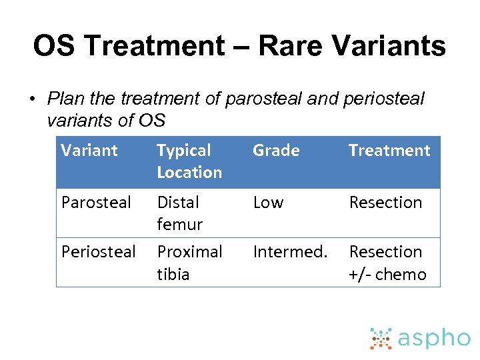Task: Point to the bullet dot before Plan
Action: pos(31,100)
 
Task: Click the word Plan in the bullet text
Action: pos(66,99)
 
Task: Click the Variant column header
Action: pos(89,151)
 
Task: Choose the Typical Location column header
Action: pos(189,161)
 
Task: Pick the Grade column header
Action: pos(276,151)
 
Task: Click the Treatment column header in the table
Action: pos(389,151)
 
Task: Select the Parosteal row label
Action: pos(96,203)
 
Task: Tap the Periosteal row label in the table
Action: pos(98,252)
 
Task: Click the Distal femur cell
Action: pos(179,213)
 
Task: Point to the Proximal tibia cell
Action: pos(189,263)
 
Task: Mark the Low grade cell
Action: pos(268,203)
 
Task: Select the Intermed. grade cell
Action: pos(290,252)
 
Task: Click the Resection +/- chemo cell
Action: pos(387,263)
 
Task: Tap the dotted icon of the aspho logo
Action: pos(381,339)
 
